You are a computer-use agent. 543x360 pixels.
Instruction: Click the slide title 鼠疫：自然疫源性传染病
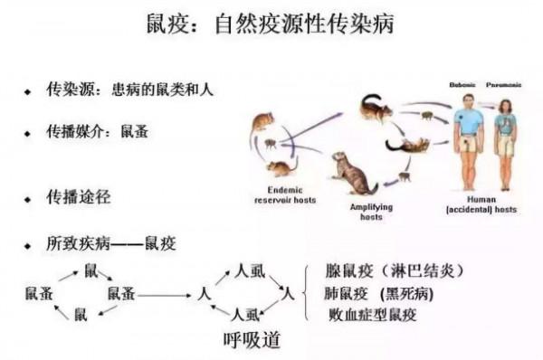point(271,24)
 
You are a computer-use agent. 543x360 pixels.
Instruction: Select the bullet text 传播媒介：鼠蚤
point(98,131)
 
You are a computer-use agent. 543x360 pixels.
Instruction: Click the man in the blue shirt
point(467,136)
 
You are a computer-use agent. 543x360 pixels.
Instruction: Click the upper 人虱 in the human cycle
point(248,270)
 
